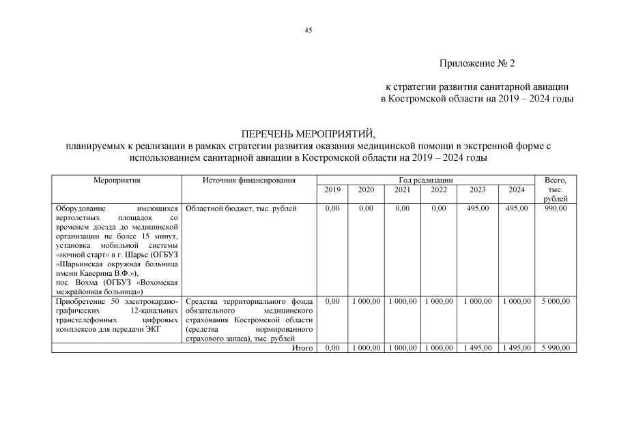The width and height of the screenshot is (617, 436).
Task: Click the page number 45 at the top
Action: tap(308, 30)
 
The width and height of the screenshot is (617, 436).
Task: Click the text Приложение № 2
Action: tap(477, 63)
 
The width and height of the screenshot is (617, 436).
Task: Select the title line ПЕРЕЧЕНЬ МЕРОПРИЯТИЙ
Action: tap(308, 134)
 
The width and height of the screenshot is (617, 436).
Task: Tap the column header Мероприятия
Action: tap(117, 180)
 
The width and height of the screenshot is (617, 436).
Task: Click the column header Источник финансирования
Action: tap(249, 180)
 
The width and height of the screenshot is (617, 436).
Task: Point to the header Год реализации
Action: tap(428, 180)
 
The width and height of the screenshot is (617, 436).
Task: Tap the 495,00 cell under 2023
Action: tap(477, 208)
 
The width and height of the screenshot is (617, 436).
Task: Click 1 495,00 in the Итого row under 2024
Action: tap(517, 348)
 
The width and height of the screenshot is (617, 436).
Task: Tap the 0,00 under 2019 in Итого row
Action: tap(332, 348)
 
